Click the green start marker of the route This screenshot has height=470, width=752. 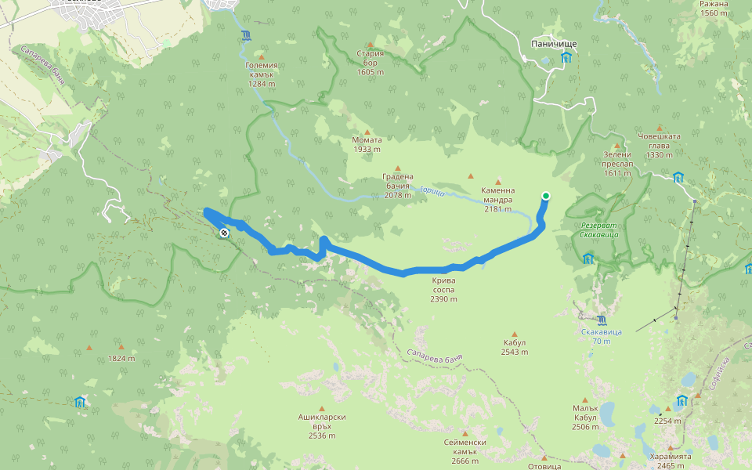pos(546,196)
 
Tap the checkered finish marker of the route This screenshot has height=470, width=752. pos(225,233)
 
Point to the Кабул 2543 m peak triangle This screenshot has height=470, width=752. pos(515,334)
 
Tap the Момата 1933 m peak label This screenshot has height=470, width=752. pos(367,145)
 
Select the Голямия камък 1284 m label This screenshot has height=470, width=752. pos(261,74)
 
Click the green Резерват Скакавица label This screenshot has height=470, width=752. pos(599,230)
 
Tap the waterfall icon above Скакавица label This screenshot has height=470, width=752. pos(601,320)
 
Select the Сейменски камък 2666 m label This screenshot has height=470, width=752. pos(465,446)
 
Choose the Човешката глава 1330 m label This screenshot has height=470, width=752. pos(659,145)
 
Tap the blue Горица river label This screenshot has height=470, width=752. pos(432,190)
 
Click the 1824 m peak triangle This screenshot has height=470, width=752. pos(121,346)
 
